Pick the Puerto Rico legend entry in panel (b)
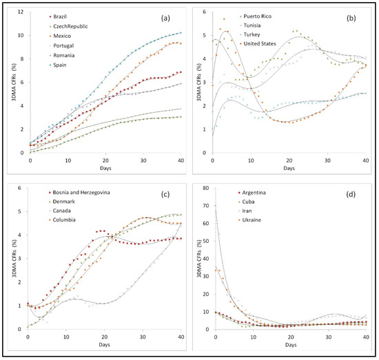pos(256,15)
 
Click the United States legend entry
pos(259,44)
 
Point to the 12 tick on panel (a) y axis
pos(21,11)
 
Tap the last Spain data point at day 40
pos(181,32)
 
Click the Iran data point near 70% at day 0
pos(216,206)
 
